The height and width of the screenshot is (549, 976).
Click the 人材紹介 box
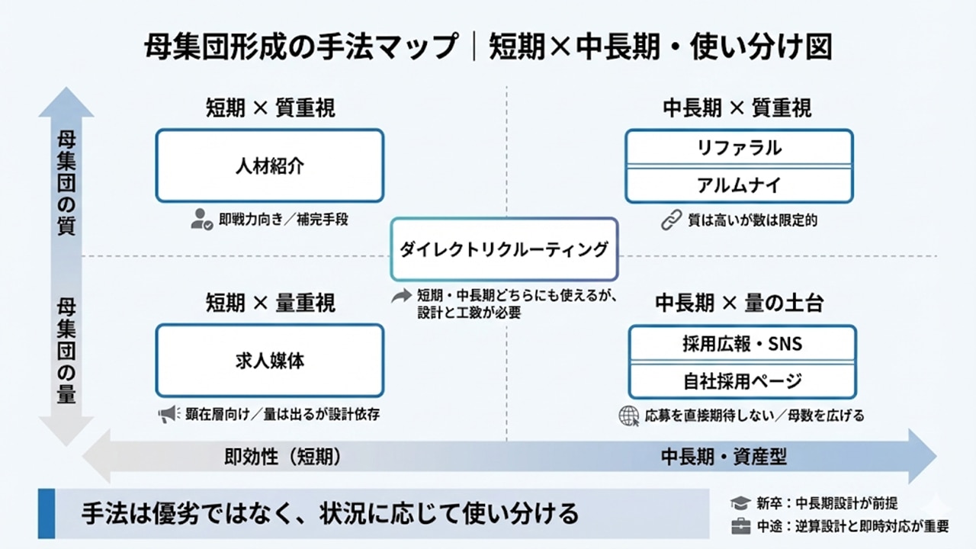click(270, 166)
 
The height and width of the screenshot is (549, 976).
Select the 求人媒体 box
click(270, 361)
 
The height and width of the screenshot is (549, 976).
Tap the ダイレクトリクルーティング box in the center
click(504, 249)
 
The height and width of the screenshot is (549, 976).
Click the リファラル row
click(739, 148)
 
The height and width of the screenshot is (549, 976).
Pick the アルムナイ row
click(739, 185)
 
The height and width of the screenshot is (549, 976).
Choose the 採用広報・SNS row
click(742, 344)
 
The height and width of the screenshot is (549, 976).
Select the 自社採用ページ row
click(742, 380)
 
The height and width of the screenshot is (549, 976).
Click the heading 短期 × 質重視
click(270, 108)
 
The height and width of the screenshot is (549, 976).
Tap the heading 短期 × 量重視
click(270, 303)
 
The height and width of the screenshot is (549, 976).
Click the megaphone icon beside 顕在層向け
click(168, 415)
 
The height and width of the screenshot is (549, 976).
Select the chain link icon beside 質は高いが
click(670, 221)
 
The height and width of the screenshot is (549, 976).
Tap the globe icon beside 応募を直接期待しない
click(629, 416)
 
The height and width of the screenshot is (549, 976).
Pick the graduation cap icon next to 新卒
click(740, 503)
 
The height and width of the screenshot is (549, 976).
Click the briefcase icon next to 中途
click(740, 527)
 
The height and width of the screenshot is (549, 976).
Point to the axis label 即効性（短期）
click(282, 457)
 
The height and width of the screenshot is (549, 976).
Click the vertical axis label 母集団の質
click(66, 184)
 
